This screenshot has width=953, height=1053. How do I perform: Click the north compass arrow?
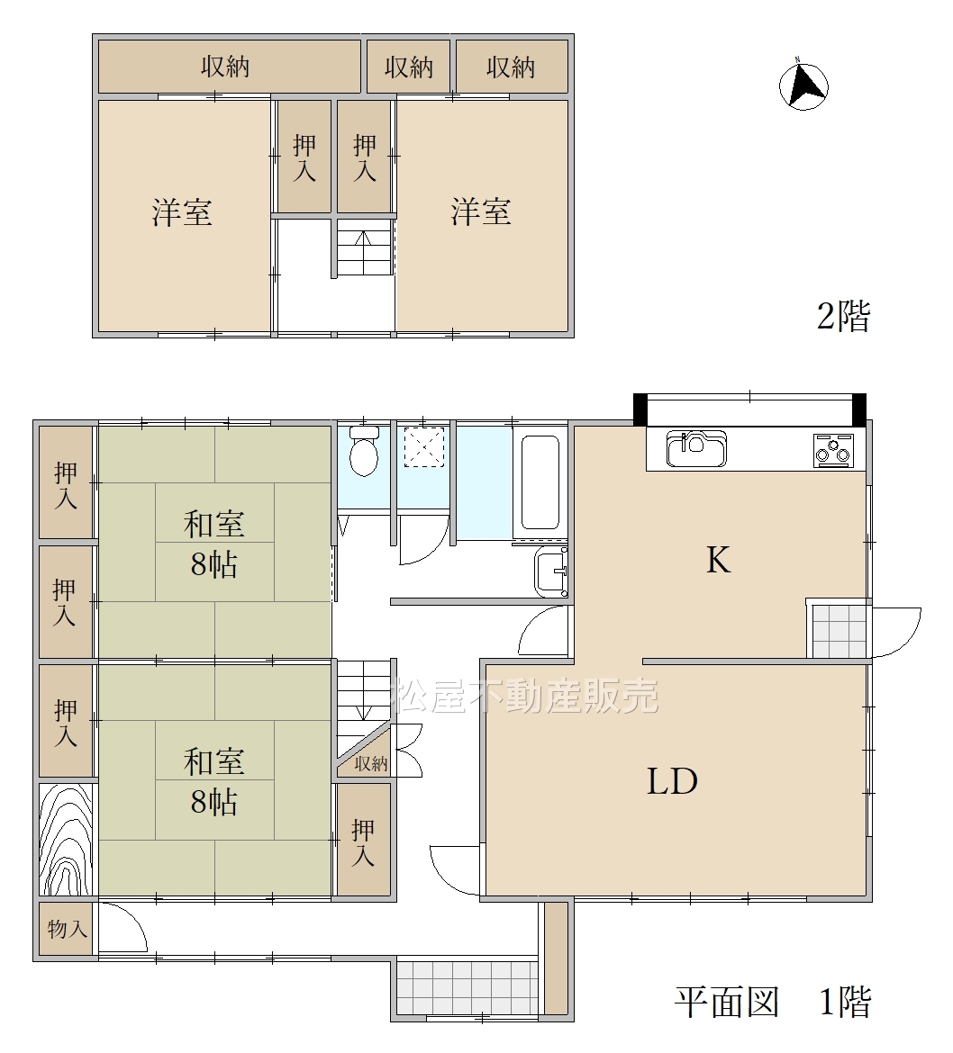point(803,86)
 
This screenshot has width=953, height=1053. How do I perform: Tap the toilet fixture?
point(364,451)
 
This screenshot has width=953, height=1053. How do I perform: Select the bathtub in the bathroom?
point(540,482)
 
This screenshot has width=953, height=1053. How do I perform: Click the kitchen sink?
point(696,448)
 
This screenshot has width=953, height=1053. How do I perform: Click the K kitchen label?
point(719,560)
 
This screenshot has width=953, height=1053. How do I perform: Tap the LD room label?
point(672,781)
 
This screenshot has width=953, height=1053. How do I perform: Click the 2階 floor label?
point(843,316)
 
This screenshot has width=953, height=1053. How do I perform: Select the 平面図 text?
point(727,1002)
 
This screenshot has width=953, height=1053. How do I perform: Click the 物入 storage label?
point(68,929)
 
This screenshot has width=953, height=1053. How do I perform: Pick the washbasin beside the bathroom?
point(551,571)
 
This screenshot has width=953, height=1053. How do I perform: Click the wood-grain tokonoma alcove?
point(66,839)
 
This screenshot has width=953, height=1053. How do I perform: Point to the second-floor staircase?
point(364,247)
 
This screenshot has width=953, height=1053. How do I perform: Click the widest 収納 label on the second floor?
point(225,67)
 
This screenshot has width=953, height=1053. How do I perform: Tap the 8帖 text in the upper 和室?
point(213,565)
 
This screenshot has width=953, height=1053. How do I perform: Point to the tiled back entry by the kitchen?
point(839,631)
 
